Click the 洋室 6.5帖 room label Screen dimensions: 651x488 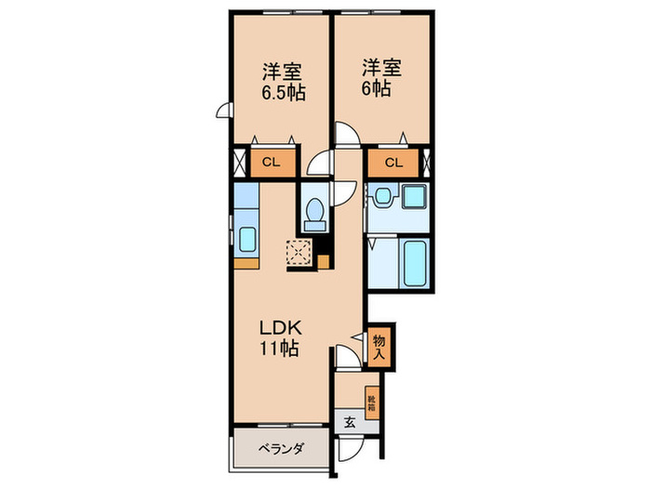coord(283,82)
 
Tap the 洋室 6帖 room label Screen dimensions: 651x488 coord(381,78)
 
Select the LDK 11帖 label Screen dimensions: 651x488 coord(280,338)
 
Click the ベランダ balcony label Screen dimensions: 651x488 coord(281,449)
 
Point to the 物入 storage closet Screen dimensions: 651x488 coord(379,347)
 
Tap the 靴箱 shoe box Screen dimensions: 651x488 coord(372,403)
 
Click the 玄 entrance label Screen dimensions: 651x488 coord(350,422)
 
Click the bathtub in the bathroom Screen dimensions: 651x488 coord(415,263)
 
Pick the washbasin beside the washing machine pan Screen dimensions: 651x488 coord(383,195)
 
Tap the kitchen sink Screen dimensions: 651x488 coord(247,240)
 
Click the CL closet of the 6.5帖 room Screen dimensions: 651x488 coord(272,163)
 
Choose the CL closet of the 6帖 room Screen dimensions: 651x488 coord(393,163)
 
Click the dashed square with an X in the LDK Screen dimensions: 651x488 coord(299,252)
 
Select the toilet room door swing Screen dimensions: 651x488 coord(345,193)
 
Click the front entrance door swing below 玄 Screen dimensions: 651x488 coord(350,449)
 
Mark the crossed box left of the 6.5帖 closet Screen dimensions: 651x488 coord(240,163)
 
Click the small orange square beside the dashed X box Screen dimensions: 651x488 coord(324,262)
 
